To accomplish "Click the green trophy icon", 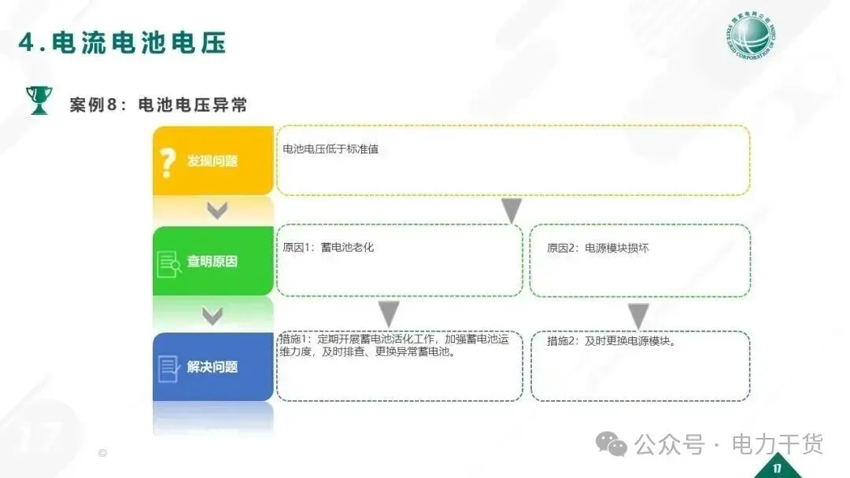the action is (38, 101).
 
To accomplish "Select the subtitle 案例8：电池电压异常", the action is (158, 105).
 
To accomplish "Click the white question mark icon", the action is (167, 162).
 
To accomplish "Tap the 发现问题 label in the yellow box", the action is (212, 161).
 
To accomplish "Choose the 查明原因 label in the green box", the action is (212, 261).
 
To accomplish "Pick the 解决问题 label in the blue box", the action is (212, 366).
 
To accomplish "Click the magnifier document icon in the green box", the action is (169, 263).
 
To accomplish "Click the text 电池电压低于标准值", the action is (331, 149).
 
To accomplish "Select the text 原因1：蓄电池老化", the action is (328, 248).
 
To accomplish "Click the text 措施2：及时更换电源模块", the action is (612, 341).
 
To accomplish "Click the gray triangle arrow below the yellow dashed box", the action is (512, 210).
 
